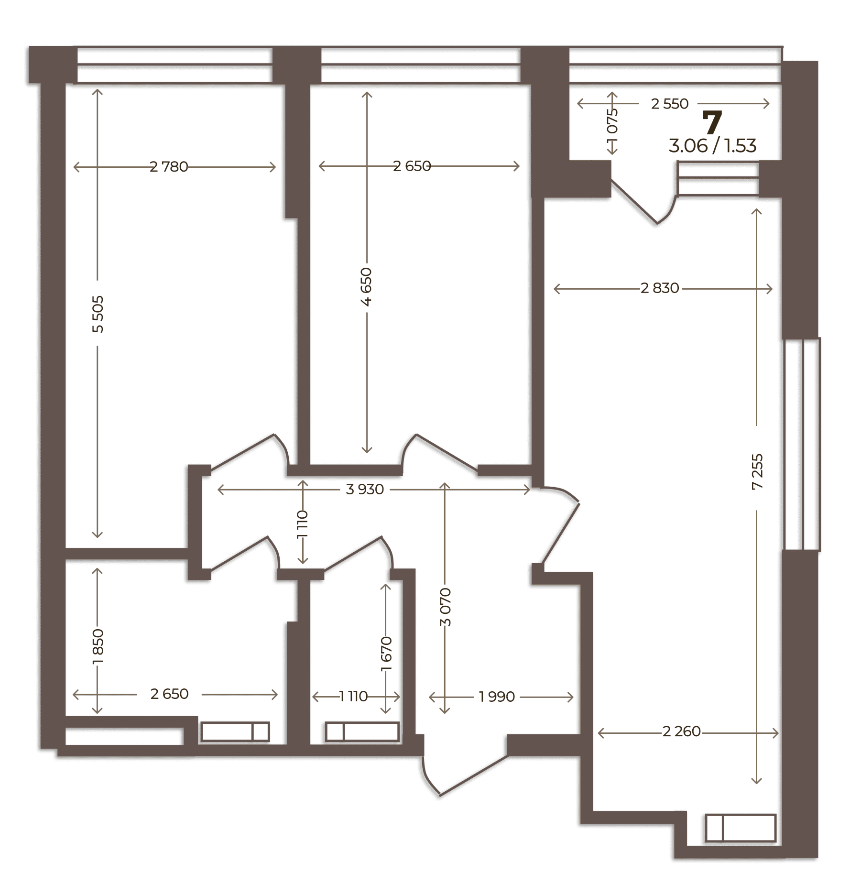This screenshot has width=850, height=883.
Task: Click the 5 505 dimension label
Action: [x=98, y=314]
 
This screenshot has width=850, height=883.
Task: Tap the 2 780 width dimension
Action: [x=169, y=167]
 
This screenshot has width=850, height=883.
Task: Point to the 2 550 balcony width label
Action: [x=670, y=104]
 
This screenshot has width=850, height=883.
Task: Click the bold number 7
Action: [x=712, y=123]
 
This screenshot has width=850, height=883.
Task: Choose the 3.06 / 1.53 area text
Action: [x=712, y=145]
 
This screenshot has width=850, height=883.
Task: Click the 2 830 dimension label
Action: [x=660, y=288]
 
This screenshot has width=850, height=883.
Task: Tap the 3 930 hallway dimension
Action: [x=365, y=489]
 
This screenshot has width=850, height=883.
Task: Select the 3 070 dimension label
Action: [x=445, y=607]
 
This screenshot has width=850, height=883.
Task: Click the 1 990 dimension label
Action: [x=497, y=697]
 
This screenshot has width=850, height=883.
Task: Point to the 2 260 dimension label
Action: [x=681, y=731]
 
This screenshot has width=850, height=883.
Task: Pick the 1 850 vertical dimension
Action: [x=98, y=646]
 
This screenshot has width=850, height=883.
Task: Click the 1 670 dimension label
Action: [x=386, y=654]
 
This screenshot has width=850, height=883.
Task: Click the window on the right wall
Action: [x=802, y=445]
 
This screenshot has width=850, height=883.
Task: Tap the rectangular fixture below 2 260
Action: [x=740, y=828]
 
